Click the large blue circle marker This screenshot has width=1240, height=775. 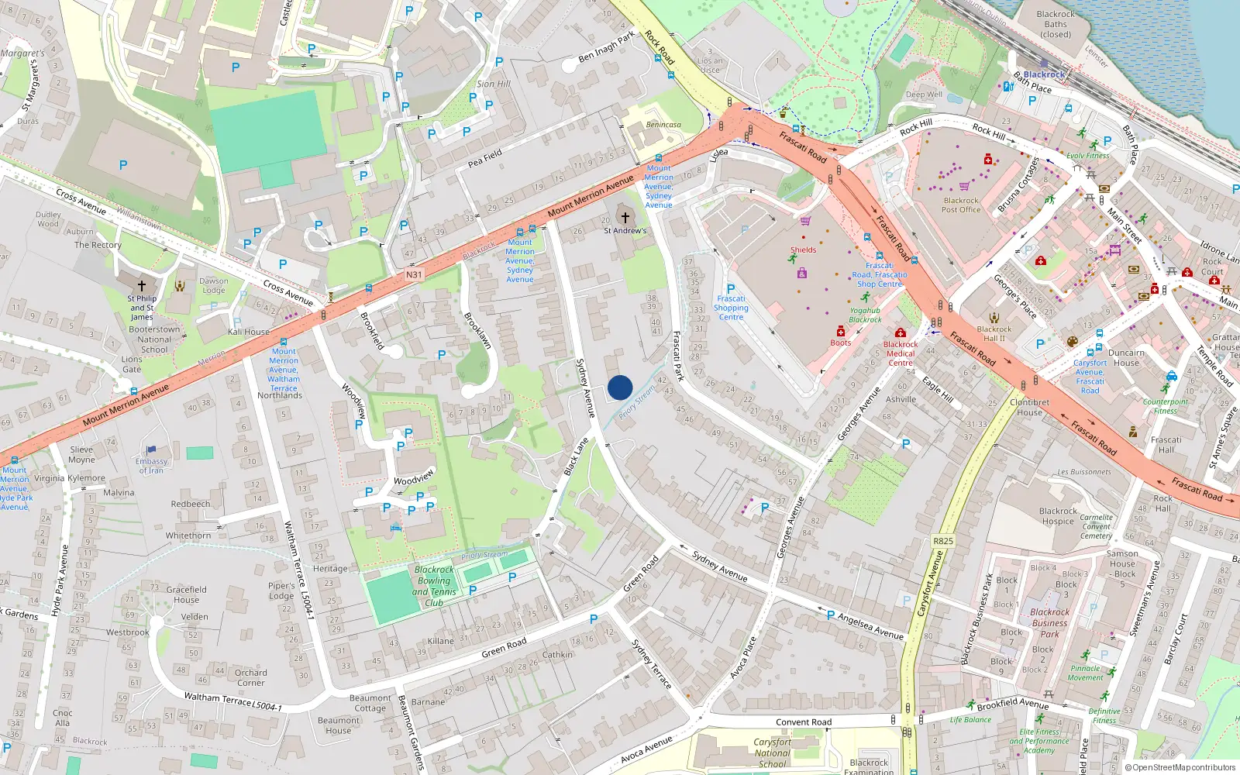point(620,387)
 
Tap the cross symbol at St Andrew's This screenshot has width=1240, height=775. point(625,218)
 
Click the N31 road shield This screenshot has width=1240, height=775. point(414,274)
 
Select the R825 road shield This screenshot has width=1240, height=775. point(943,541)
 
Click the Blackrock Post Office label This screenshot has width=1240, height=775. point(961,205)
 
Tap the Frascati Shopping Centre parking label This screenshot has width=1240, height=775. point(731,307)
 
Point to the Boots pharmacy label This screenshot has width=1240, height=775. point(841,342)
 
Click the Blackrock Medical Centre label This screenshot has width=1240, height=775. point(901,353)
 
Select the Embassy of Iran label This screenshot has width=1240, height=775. point(151,466)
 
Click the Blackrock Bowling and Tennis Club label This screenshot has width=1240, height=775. point(434,586)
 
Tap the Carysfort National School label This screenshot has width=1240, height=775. point(773,753)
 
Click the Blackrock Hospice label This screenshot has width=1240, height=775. point(1058,516)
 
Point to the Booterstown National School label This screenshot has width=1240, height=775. point(154,339)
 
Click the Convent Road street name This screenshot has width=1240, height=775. point(804,722)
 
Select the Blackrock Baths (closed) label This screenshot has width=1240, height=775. point(1056,24)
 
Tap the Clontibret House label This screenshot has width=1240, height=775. point(1029,407)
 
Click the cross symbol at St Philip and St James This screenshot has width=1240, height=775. point(142,286)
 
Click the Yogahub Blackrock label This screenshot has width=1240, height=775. point(865,315)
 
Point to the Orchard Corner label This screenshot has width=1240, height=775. point(250,677)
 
